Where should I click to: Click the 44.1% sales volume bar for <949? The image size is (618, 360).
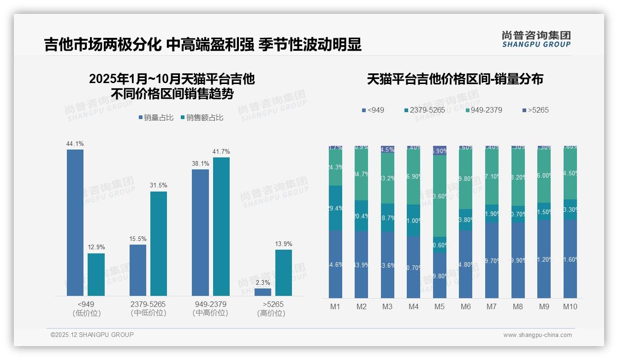point(75,222)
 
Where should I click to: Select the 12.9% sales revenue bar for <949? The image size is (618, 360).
point(96,275)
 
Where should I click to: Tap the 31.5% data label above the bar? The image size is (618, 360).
point(158,186)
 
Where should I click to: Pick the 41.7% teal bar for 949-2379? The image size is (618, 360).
point(221,227)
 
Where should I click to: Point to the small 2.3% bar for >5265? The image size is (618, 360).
point(263,292)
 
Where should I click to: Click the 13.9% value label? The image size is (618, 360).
point(283,244)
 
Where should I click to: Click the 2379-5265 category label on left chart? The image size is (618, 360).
point(148,305)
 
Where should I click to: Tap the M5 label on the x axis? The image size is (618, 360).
point(439,307)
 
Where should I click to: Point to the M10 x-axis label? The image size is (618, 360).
point(570,307)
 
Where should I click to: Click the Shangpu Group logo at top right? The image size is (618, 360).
point(536,39)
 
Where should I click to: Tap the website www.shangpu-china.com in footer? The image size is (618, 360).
point(537,335)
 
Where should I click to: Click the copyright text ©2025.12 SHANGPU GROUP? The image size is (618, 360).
point(92,335)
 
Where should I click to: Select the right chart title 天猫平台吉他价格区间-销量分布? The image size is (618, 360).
point(455,79)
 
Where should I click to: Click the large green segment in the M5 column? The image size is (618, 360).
point(440,196)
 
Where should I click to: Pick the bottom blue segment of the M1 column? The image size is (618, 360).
point(335,264)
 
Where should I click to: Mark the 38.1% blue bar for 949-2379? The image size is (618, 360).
point(200,233)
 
